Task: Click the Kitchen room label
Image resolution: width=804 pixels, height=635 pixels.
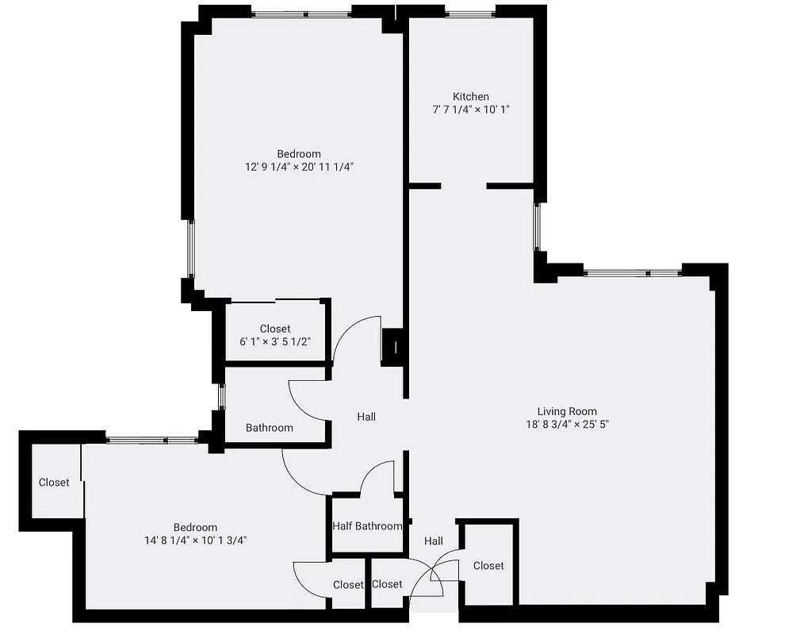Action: click(471, 96)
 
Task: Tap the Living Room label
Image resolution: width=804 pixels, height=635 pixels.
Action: click(567, 411)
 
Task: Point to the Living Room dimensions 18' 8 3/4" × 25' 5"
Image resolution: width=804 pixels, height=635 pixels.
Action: click(567, 424)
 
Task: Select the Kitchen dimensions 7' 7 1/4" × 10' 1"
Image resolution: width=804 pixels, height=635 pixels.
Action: click(471, 110)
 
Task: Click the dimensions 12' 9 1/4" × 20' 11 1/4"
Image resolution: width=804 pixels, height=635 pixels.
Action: click(299, 167)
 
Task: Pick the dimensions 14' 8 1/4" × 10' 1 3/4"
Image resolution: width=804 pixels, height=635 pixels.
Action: click(195, 540)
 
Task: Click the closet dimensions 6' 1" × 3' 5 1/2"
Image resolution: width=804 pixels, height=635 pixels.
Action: click(275, 341)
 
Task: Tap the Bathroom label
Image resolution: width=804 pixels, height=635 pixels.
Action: click(269, 428)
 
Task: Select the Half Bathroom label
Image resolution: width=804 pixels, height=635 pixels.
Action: click(367, 525)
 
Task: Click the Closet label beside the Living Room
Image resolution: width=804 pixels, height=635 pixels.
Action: click(488, 565)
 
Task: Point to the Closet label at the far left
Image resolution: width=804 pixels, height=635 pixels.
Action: click(54, 482)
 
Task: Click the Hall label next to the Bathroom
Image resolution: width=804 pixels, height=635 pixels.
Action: click(366, 417)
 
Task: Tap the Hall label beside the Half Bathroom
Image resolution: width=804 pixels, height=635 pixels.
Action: click(433, 541)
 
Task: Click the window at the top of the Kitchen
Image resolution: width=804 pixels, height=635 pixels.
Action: click(470, 13)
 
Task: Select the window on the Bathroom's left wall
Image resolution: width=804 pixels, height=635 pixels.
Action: click(222, 396)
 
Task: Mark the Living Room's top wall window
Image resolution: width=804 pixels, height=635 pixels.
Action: click(633, 273)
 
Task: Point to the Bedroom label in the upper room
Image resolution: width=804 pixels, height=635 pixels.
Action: click(299, 154)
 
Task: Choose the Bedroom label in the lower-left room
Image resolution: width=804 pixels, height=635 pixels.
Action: click(195, 527)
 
